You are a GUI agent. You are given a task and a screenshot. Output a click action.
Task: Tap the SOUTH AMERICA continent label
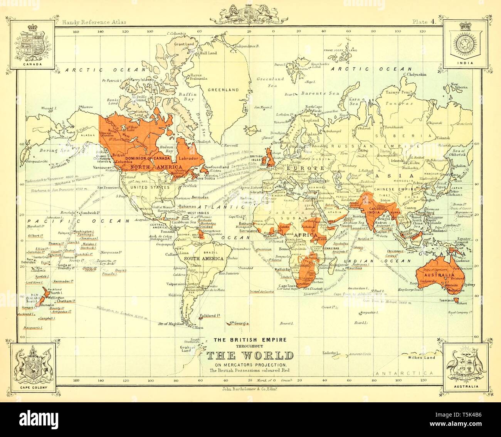[x=203, y=258]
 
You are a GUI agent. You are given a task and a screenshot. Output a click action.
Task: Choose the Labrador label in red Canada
[x=188, y=158]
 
